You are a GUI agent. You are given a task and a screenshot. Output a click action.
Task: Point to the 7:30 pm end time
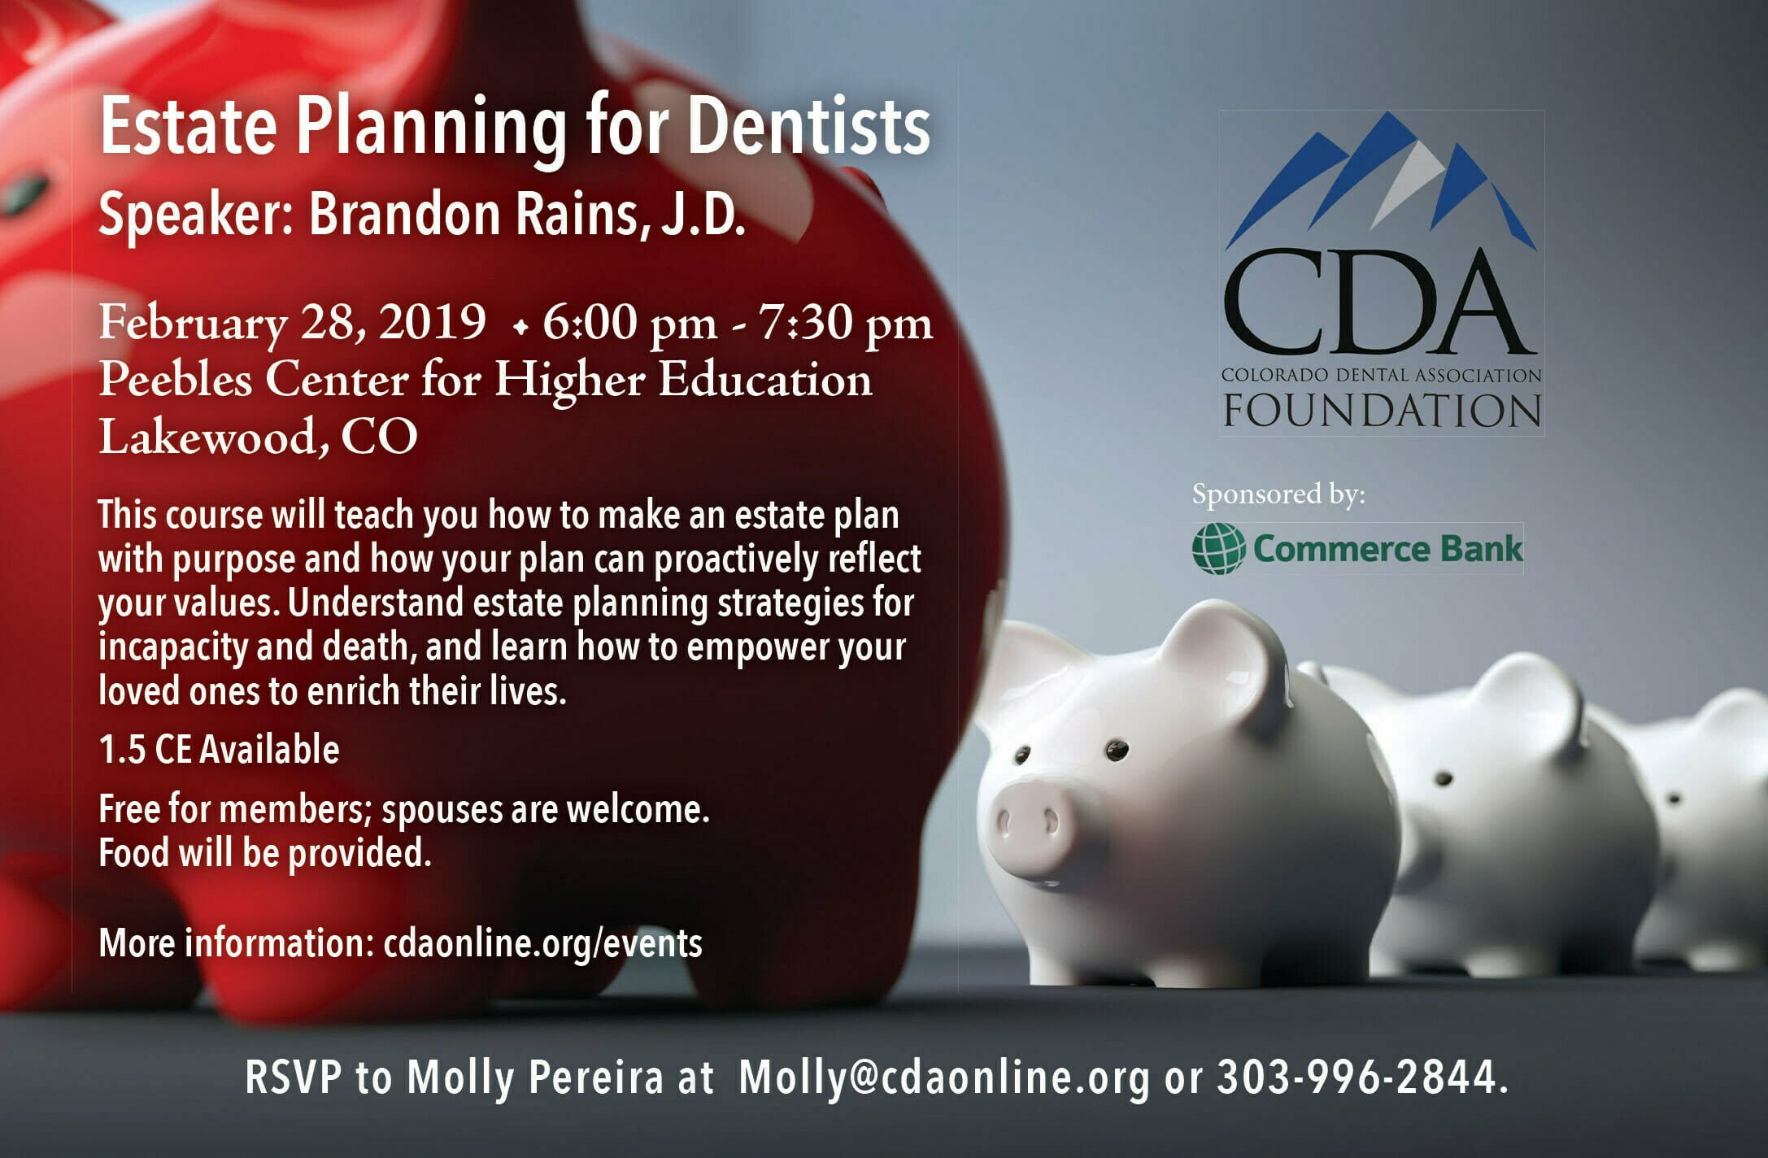point(845,323)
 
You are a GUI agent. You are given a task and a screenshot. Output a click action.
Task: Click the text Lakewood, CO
point(258,436)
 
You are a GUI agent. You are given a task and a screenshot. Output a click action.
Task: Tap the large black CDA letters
point(1379,302)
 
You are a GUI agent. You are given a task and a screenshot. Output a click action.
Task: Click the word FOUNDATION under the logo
point(1383,411)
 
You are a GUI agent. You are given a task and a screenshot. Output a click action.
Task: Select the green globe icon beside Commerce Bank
point(1218,548)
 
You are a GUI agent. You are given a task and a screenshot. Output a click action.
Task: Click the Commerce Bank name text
point(1387,549)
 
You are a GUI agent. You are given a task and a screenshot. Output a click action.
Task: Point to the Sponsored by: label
point(1278,494)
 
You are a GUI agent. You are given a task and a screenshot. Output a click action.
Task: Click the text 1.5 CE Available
point(219,749)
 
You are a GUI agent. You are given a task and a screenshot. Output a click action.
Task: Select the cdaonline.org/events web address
point(542,943)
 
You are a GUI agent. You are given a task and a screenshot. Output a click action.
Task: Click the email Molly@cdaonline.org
point(944,1077)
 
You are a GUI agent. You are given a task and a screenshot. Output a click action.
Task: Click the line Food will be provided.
point(264,853)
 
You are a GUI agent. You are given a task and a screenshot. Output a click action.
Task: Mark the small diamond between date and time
point(520,328)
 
